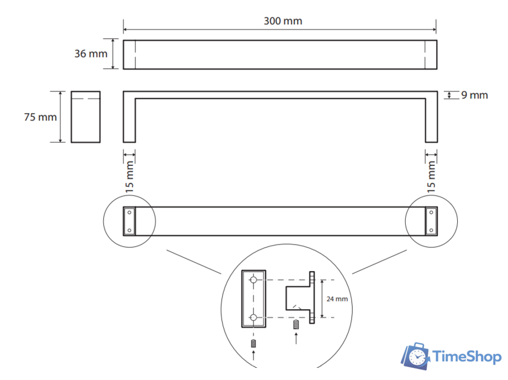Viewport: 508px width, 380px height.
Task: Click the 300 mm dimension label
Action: click(283, 21)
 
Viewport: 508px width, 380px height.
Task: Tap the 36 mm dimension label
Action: click(91, 53)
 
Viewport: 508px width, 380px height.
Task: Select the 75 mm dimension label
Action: click(40, 117)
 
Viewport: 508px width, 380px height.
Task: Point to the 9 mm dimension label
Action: click(474, 95)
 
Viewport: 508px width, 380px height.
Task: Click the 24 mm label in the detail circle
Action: click(337, 299)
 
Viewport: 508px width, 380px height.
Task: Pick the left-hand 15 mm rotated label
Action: click(129, 177)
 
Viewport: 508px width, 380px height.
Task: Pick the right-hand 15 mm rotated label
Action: click(431, 177)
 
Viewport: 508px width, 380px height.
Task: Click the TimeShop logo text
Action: click(466, 356)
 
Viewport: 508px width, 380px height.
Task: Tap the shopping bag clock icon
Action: click(415, 356)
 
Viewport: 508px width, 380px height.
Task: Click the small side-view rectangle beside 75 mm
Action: click(85, 117)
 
